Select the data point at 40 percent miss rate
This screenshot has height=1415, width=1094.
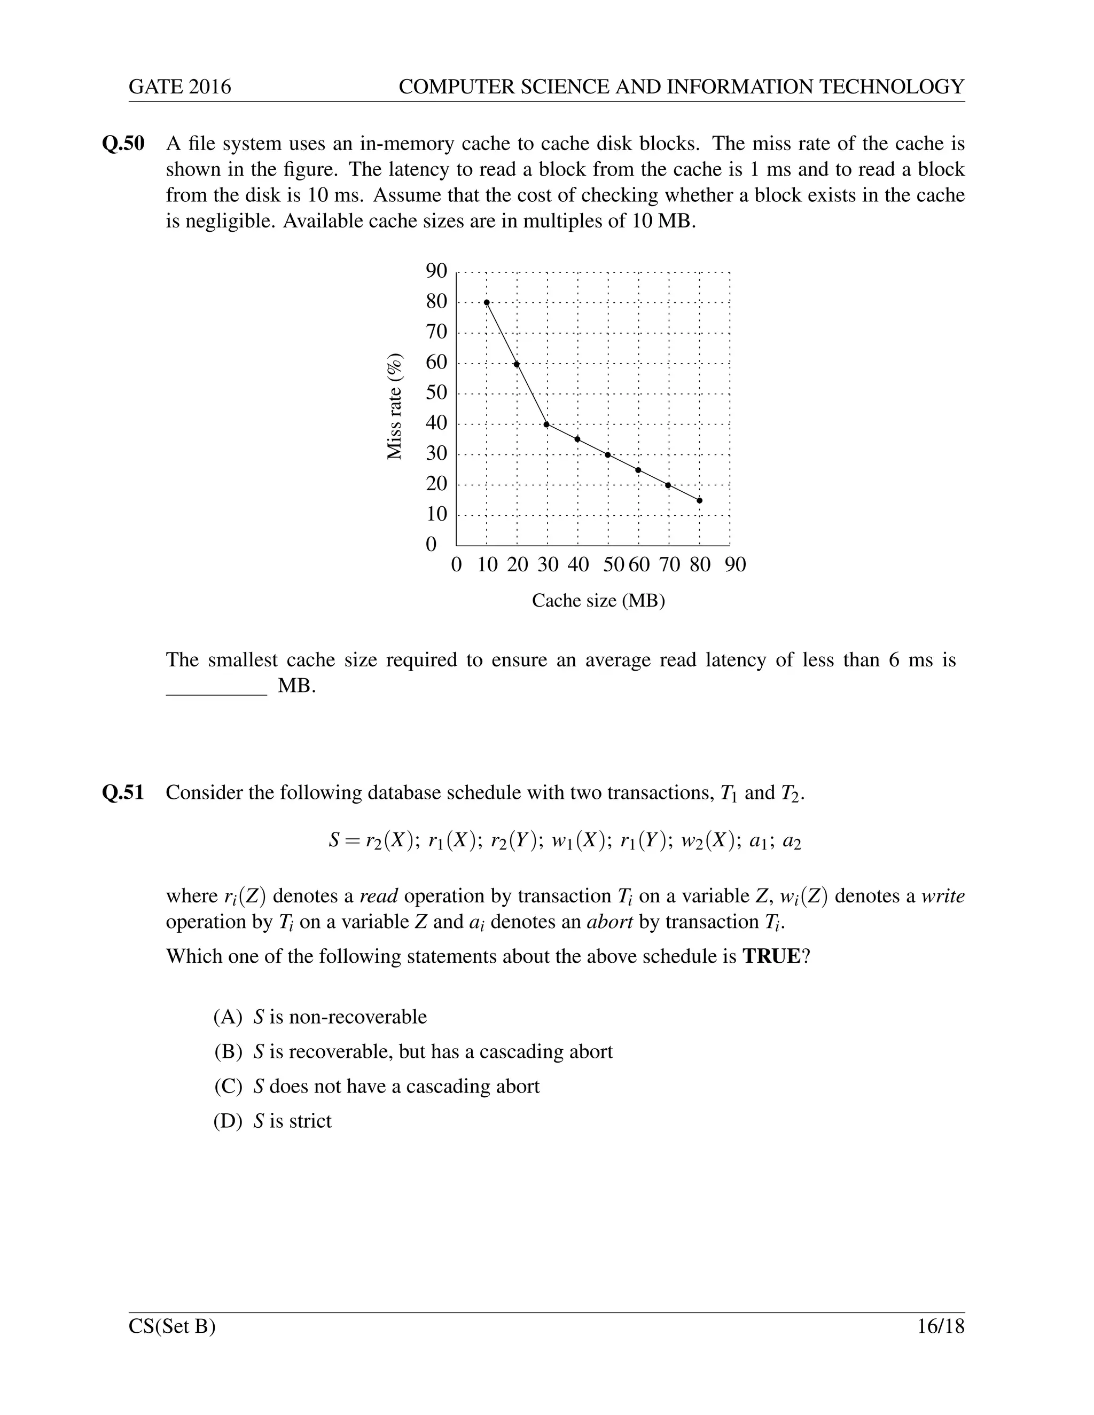pyautogui.click(x=547, y=424)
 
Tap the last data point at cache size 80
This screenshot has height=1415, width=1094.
pyautogui.click(x=699, y=500)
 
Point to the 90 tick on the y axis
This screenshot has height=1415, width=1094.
pyautogui.click(x=437, y=271)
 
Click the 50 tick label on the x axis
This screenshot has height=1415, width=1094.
pyautogui.click(x=613, y=565)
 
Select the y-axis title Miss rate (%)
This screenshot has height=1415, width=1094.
pyautogui.click(x=395, y=406)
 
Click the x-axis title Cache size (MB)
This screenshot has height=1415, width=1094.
pyautogui.click(x=598, y=601)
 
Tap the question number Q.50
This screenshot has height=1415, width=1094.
pyautogui.click(x=124, y=144)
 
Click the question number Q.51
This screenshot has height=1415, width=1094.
pyautogui.click(x=124, y=792)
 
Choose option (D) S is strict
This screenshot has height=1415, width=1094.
pyautogui.click(x=273, y=1121)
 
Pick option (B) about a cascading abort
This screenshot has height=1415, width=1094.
pyautogui.click(x=413, y=1051)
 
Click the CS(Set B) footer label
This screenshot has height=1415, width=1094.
pyautogui.click(x=173, y=1326)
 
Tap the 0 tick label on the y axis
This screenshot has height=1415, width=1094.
pyautogui.click(x=431, y=545)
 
